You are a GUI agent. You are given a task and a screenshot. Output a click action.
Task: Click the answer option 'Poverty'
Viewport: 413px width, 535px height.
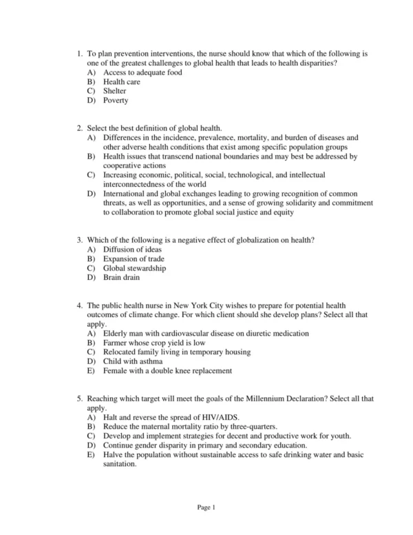116,100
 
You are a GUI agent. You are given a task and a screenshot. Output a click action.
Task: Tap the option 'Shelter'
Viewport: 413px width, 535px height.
115,90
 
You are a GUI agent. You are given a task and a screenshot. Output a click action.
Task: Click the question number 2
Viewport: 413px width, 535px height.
80,128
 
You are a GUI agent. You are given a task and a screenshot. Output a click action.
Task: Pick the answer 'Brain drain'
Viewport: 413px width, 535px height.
121,277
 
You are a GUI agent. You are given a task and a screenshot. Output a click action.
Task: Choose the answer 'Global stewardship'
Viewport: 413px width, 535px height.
134,268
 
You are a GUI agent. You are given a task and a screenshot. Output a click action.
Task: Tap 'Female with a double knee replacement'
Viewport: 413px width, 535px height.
168,370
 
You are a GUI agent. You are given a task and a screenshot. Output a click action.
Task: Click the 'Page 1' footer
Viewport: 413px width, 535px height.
206,508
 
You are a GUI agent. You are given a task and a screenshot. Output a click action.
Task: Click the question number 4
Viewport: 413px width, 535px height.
80,305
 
